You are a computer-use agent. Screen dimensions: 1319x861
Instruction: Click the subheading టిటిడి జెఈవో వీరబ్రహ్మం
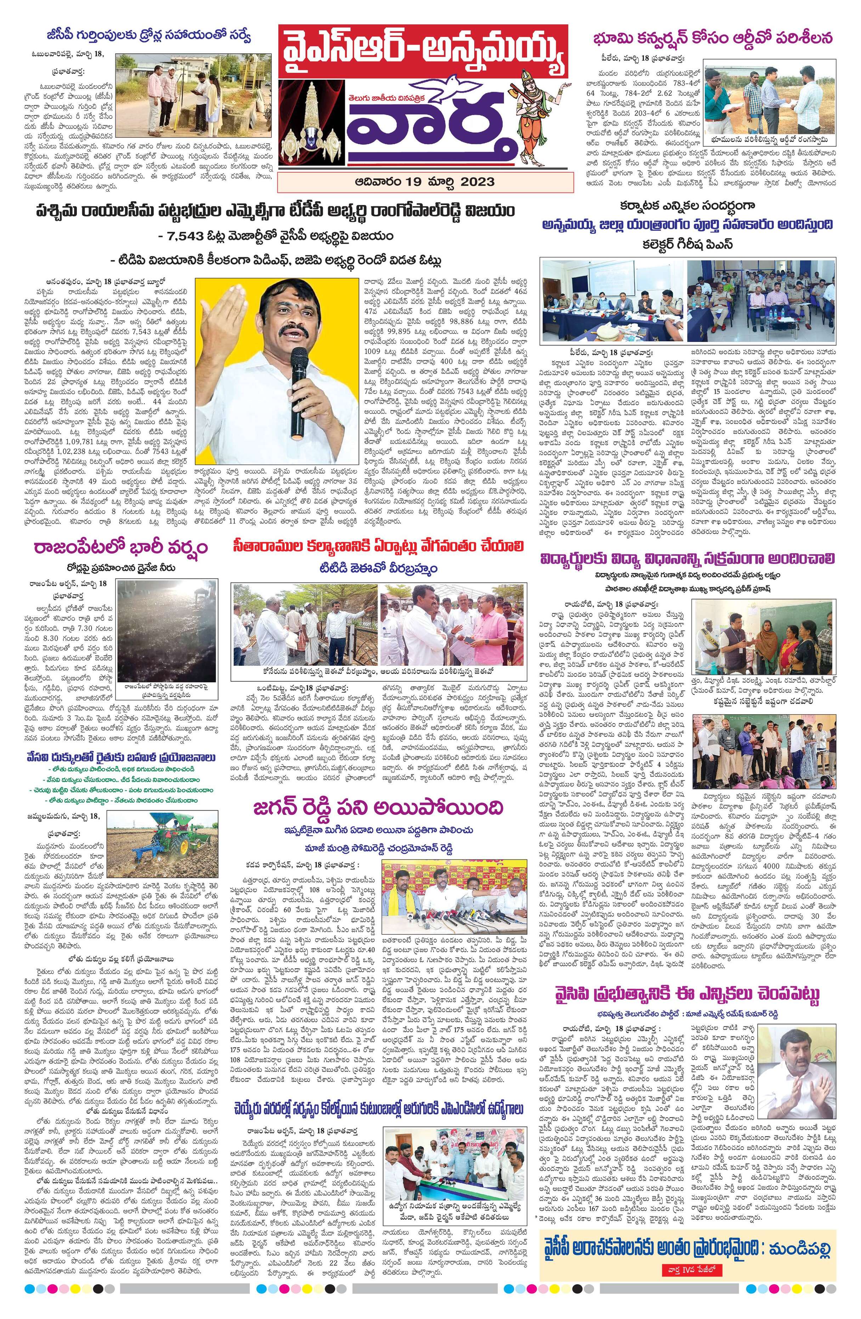click(378, 569)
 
